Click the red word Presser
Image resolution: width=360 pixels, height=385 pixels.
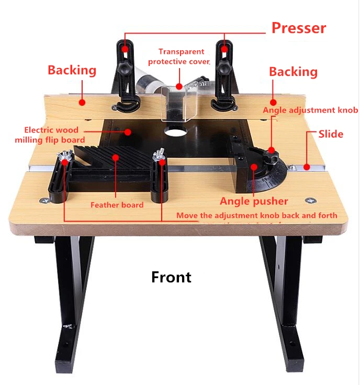pos(298,28)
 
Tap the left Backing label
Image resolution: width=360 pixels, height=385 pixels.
pos(72,70)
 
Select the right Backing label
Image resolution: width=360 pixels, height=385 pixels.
pos(293,72)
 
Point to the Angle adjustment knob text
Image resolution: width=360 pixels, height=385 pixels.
pos(310,111)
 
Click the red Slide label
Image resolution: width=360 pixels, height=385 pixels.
pos(331,134)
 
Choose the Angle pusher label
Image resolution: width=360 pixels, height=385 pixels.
pos(254,201)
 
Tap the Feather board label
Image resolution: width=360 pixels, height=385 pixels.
pos(117,205)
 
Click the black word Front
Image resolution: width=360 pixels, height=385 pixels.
pos(171,277)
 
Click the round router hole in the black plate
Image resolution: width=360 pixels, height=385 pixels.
pos(176,130)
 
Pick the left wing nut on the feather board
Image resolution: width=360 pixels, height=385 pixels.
pos(65,155)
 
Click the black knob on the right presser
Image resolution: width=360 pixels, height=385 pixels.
pos(224,68)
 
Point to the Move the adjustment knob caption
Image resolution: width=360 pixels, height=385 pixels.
pos(256,216)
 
